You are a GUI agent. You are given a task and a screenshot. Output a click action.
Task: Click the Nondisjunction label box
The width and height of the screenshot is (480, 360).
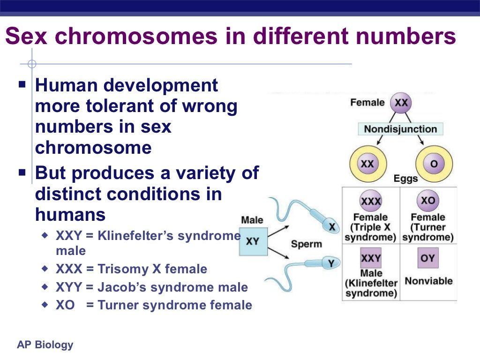pyautogui.click(x=400, y=129)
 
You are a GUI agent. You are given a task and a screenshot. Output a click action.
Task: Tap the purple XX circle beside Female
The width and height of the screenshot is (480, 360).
pyautogui.click(x=401, y=103)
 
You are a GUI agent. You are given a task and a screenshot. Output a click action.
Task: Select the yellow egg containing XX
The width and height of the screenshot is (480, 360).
pyautogui.click(x=367, y=165)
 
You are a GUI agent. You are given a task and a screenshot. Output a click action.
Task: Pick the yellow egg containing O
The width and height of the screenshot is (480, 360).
pyautogui.click(x=433, y=165)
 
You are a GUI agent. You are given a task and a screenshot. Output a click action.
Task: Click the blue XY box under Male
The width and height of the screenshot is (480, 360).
pyautogui.click(x=253, y=241)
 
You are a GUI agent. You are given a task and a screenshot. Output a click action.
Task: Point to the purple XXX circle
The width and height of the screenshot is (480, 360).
pyautogui.click(x=370, y=202)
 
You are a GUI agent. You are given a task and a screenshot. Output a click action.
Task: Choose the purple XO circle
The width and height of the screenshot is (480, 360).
pyautogui.click(x=427, y=201)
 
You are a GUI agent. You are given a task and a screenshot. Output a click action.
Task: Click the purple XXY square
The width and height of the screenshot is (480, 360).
pyautogui.click(x=370, y=258)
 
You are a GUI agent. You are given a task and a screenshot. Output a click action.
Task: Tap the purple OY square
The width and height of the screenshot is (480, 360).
pyautogui.click(x=427, y=258)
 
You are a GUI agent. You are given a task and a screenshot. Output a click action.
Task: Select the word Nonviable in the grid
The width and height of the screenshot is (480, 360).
pyautogui.click(x=428, y=281)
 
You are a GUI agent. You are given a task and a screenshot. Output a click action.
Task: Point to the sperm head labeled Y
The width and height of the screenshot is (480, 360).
pyautogui.click(x=329, y=264)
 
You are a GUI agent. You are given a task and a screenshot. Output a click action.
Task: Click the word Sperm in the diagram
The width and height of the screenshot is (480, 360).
pyautogui.click(x=306, y=244)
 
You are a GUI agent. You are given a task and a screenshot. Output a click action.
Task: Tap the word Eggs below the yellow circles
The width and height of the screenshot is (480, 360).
pyautogui.click(x=405, y=179)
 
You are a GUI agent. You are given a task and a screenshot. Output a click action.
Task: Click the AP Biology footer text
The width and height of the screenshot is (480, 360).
pyautogui.click(x=45, y=345)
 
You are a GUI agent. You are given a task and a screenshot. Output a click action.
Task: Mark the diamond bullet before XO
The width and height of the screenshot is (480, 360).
pyautogui.click(x=45, y=305)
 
